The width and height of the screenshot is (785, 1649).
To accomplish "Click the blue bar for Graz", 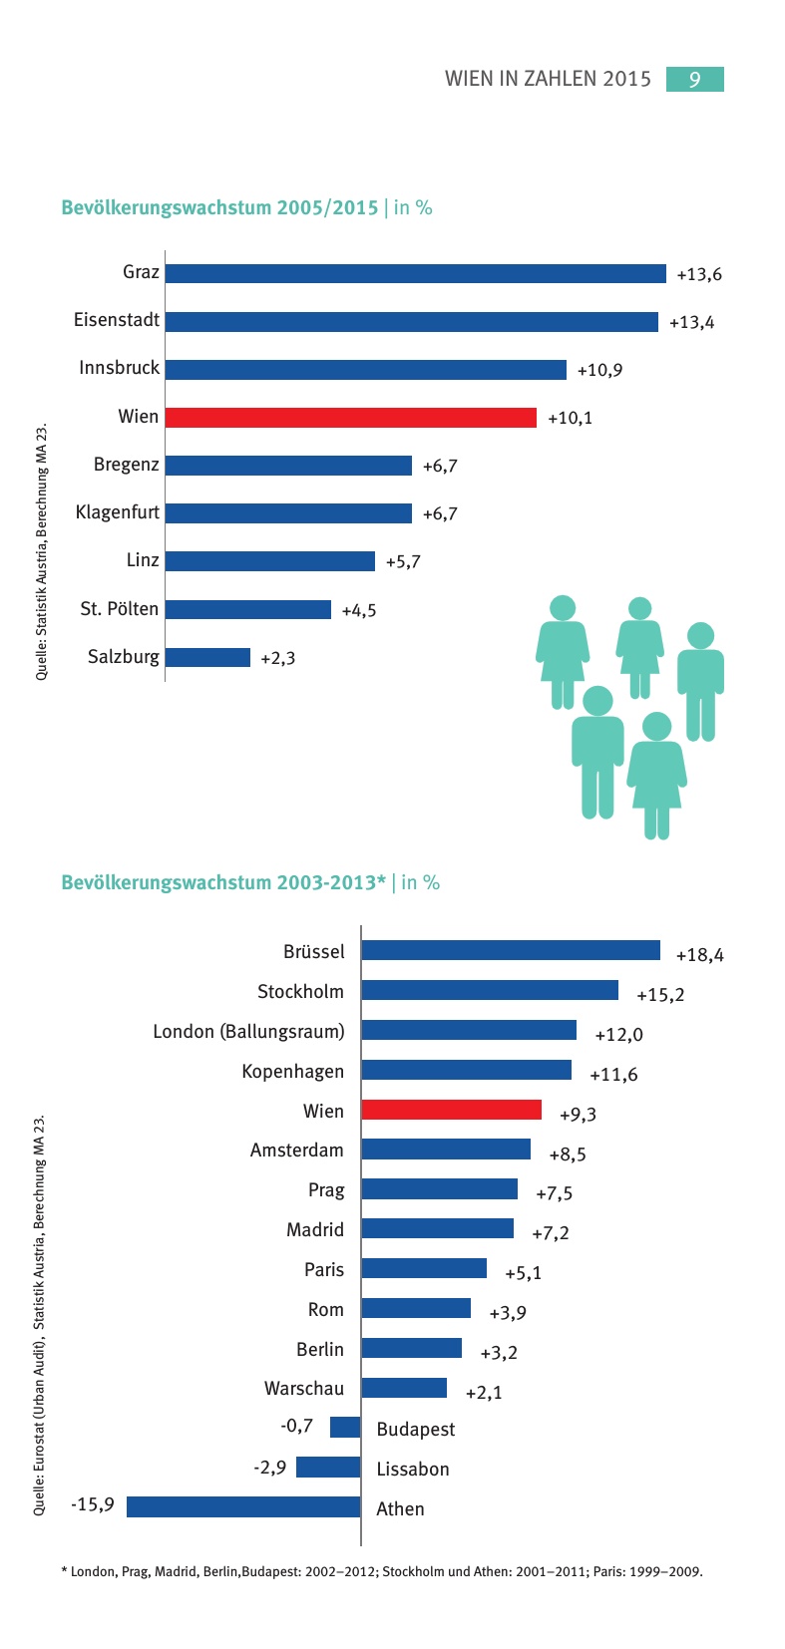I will coord(415,273).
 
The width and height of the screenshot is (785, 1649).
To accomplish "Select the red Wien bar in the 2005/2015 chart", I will coord(350,417).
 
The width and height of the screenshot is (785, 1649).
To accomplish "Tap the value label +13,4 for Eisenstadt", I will coord(691,322).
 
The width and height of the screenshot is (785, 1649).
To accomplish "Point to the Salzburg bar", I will coord(207,657).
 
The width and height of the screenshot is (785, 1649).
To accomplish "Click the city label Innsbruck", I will coord(119,368).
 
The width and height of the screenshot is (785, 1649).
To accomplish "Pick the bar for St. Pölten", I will coord(247,609).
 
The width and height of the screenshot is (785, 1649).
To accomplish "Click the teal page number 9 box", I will coord(694,79).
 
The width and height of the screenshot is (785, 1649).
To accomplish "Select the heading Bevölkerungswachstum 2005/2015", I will coord(219,207).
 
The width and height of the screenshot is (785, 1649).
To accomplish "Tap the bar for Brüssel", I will coord(511,950).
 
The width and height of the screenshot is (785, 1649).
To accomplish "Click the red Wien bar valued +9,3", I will coord(451,1110).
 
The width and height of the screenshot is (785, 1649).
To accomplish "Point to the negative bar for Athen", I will coord(243,1506).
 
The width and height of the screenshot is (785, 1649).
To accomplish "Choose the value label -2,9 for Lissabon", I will coord(269,1467).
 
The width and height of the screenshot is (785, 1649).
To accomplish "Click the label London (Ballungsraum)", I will coord(248,1031).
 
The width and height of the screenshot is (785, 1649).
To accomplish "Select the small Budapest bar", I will coord(345,1427).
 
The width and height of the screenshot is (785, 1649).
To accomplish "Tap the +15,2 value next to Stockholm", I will coord(660,994).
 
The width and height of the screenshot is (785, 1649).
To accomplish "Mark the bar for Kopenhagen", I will coord(466,1070).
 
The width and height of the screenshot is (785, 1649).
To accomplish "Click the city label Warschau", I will coord(303,1389).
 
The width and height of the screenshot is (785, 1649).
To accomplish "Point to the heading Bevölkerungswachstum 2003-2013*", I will coord(223,882).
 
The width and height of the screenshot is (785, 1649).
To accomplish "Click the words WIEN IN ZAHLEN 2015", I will coord(548,79).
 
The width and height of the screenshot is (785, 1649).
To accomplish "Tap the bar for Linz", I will coord(269,561).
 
